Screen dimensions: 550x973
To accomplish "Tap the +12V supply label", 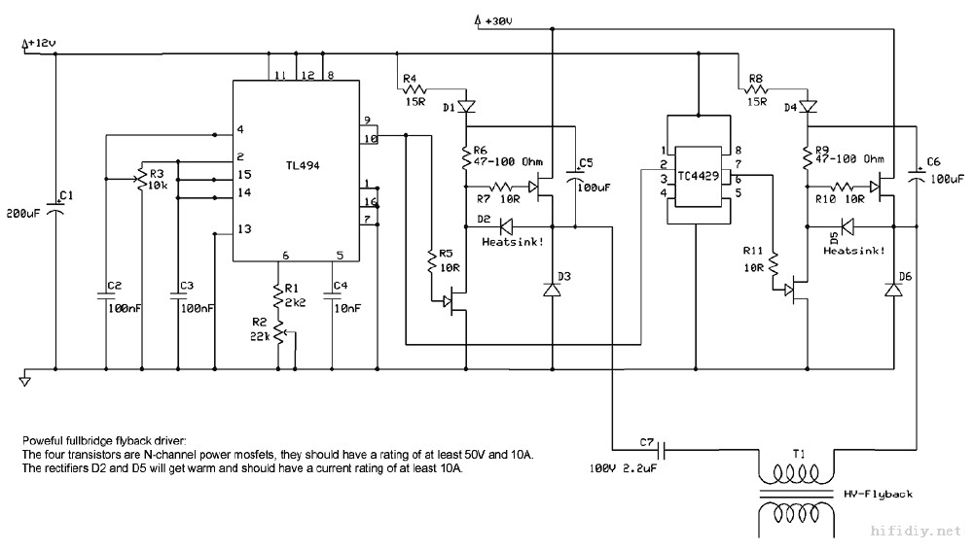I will click(x=43, y=44).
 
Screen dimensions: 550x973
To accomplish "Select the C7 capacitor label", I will click(x=646, y=443).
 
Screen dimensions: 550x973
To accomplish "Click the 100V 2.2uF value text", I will click(x=624, y=468).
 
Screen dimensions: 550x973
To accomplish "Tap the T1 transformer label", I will click(x=799, y=454).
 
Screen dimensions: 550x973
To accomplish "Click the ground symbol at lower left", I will click(x=26, y=380).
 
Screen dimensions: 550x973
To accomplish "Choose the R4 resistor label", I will click(x=408, y=78).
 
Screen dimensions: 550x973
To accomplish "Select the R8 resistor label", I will click(x=749, y=78).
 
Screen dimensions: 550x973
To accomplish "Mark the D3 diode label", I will click(x=564, y=278).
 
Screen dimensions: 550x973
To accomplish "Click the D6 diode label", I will click(x=905, y=278).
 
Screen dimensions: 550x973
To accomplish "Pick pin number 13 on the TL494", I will click(x=244, y=229).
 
